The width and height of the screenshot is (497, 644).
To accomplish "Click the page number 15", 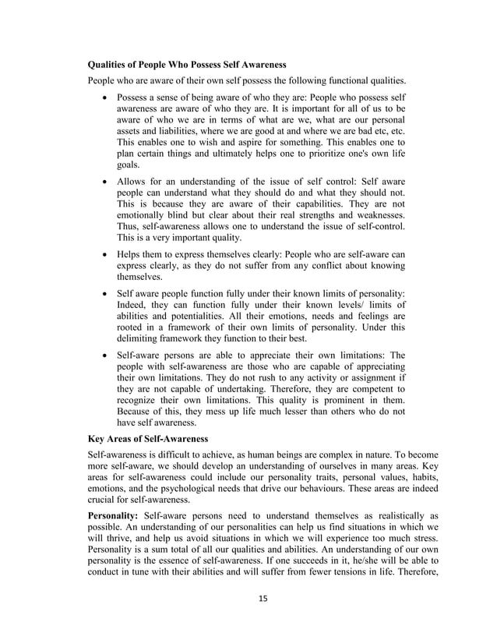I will click(x=248, y=621).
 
